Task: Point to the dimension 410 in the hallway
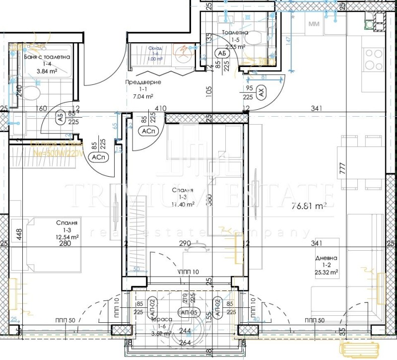click(x=160, y=108)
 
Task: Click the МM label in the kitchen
click(x=314, y=24)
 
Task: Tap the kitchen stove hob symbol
click(x=374, y=60)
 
